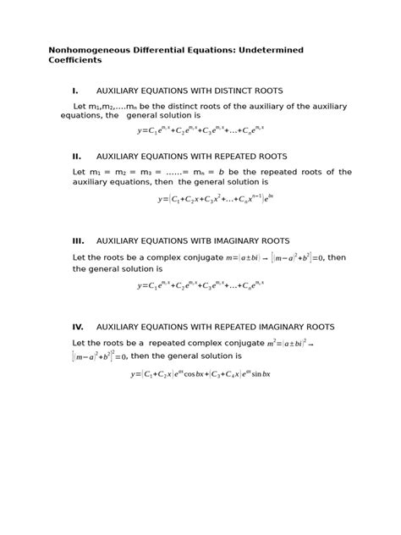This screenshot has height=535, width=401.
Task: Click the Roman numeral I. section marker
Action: coord(75,91)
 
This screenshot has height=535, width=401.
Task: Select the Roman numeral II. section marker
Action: coord(77,157)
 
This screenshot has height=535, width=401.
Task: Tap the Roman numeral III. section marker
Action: coord(78,240)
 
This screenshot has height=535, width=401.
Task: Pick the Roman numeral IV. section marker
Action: coord(78,326)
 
